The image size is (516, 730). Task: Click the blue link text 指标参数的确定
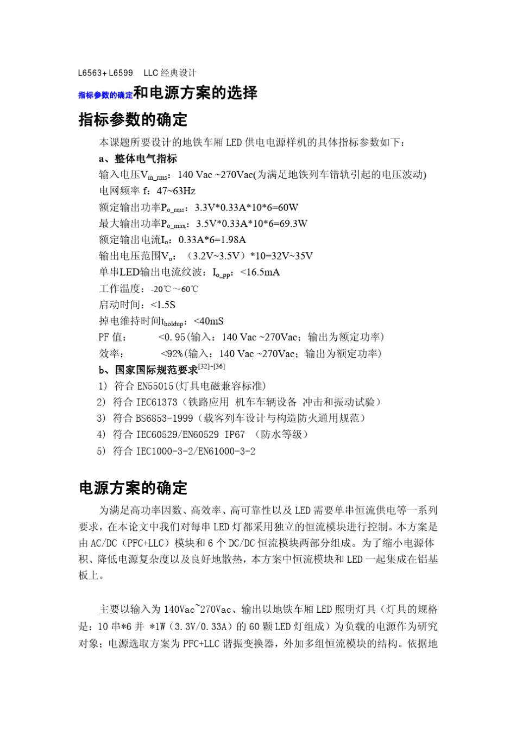click(x=105, y=95)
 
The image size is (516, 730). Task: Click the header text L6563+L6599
click(x=105, y=73)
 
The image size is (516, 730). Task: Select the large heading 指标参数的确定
click(x=133, y=119)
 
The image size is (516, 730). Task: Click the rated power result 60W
click(x=288, y=207)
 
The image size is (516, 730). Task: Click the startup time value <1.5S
click(x=163, y=305)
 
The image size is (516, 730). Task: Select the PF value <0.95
click(x=172, y=338)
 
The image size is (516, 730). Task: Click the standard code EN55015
click(x=155, y=386)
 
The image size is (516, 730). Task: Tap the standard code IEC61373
click(x=156, y=402)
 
